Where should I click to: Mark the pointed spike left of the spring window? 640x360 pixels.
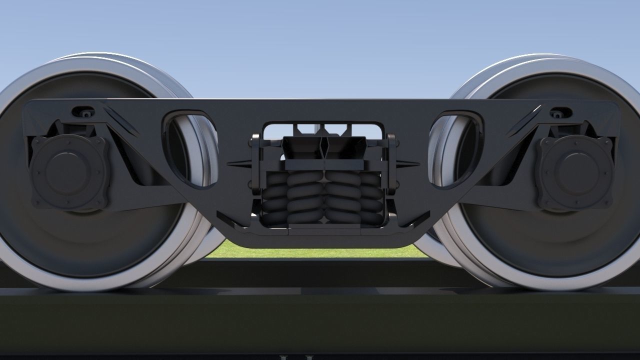(238, 163)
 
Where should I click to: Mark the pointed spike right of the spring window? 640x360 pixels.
(407, 163)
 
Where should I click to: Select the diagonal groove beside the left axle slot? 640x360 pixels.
(121, 121)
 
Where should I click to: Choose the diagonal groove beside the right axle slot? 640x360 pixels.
(522, 121)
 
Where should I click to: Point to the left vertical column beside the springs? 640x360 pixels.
(255, 165)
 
